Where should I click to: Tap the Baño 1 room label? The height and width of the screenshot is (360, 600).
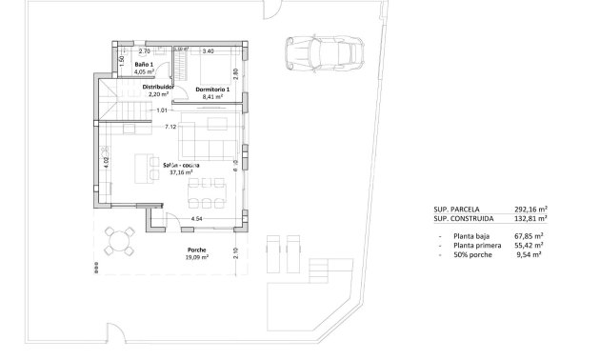click(x=144, y=64)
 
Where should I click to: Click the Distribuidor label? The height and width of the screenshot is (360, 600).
click(x=157, y=86)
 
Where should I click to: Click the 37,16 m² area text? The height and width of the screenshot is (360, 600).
click(x=180, y=173)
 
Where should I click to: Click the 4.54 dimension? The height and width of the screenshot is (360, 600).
click(x=197, y=220)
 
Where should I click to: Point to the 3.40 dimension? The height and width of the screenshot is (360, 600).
click(x=209, y=50)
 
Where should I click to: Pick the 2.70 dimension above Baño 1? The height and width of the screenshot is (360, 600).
click(x=145, y=50)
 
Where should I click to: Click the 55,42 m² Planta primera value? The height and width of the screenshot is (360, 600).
click(x=526, y=245)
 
